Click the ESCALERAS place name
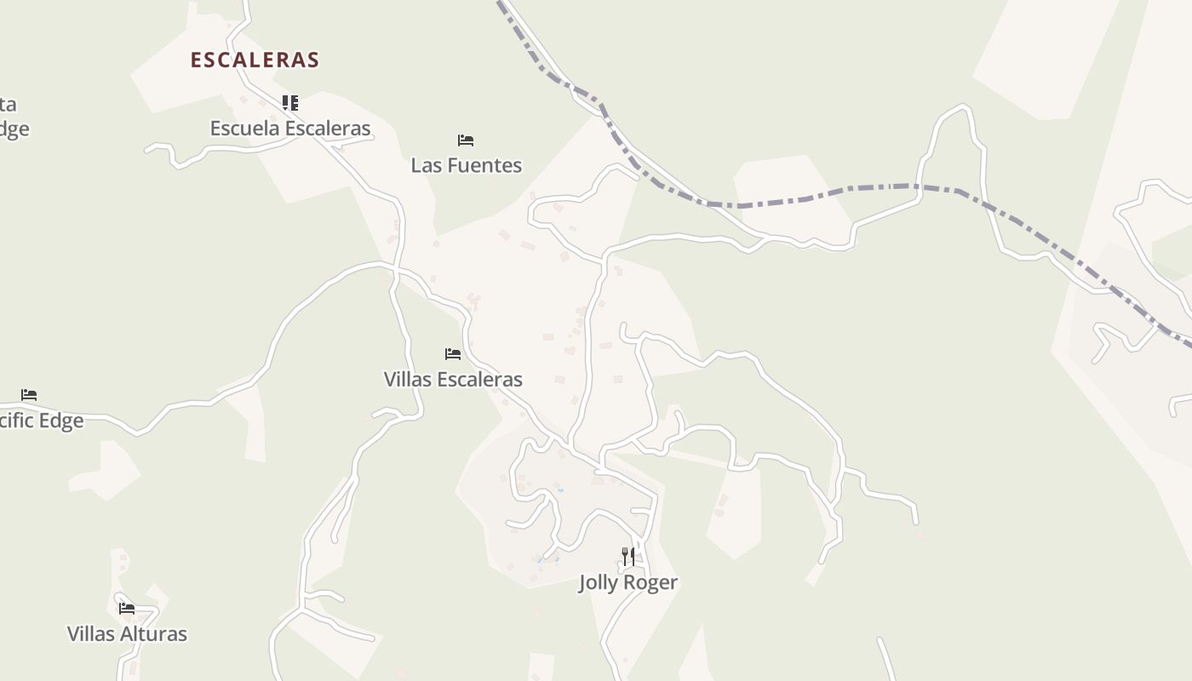[255, 60]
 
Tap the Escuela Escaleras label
[290, 129]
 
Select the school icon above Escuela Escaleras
[290, 103]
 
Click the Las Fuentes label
[466, 165]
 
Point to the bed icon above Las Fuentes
[466, 140]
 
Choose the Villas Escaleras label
[453, 380]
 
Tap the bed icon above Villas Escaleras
[453, 354]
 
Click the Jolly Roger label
[628, 583]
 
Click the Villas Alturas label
[127, 634]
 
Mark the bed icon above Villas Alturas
[127, 609]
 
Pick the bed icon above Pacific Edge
[29, 395]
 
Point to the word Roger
[650, 583]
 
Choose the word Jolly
[599, 583]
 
